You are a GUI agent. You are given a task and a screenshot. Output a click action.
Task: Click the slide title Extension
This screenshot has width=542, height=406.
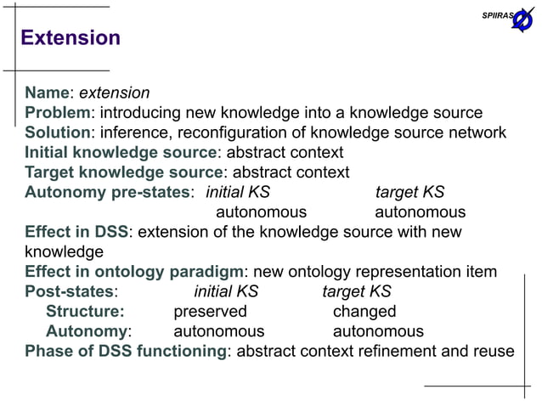tap(71, 38)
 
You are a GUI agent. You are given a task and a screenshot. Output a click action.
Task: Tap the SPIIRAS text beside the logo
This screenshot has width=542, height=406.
tap(497, 16)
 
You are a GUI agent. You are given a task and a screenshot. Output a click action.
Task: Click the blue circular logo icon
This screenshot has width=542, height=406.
tap(522, 19)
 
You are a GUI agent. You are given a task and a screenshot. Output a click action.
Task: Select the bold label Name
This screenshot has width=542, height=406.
tap(48, 93)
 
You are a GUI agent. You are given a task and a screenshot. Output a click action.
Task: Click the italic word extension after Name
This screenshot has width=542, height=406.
tap(115, 93)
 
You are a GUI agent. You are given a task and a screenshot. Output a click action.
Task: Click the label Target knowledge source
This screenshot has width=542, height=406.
tap(123, 172)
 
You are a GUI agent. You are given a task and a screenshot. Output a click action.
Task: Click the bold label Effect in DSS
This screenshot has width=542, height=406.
tap(76, 232)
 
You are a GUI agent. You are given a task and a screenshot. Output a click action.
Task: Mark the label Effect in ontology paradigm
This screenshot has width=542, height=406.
tap(133, 272)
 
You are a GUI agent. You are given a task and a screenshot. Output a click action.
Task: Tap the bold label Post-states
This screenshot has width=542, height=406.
tap(68, 291)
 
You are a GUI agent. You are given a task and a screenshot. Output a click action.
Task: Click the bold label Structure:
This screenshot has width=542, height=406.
tap(85, 312)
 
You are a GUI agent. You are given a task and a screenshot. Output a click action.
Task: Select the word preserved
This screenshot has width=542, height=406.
tap(210, 312)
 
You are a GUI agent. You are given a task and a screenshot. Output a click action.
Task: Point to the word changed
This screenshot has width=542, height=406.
tap(364, 312)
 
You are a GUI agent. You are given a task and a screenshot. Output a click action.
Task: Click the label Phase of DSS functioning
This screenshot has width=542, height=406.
tap(125, 352)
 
